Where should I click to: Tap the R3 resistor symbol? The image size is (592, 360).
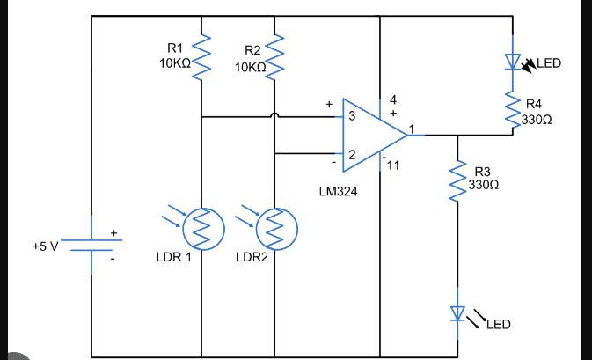(457, 180)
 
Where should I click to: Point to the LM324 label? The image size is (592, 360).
(340, 190)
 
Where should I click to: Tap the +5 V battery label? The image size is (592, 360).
(44, 246)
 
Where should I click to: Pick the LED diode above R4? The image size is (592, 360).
(512, 62)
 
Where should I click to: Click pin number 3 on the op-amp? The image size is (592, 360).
(351, 116)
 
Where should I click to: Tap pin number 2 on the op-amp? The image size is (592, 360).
(351, 155)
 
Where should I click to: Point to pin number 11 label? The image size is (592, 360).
(392, 165)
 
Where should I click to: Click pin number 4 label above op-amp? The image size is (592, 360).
(393, 99)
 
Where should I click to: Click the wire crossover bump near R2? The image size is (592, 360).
(276, 115)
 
